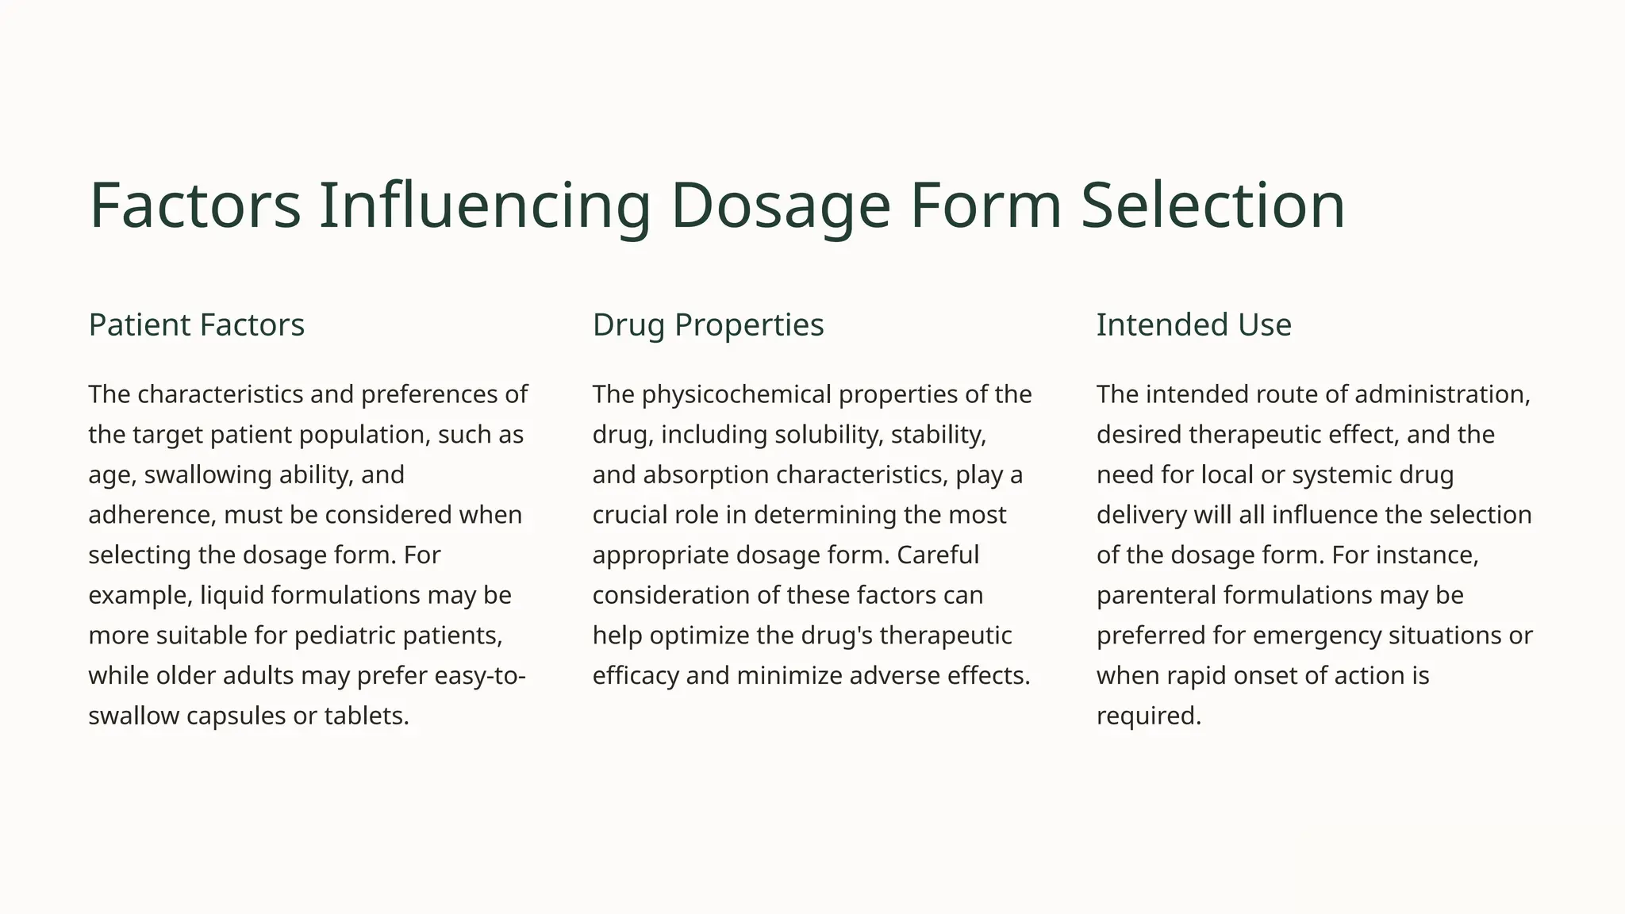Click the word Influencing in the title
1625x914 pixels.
point(484,205)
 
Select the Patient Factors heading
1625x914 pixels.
point(196,325)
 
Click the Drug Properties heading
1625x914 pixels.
point(708,325)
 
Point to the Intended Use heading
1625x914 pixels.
point(1193,325)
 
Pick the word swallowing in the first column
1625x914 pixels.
point(208,474)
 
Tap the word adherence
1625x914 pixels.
point(150,515)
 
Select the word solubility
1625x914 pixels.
point(828,435)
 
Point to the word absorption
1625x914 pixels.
point(705,474)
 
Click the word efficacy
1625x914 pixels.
point(635,676)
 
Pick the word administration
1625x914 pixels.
point(1442,394)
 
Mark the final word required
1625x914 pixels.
point(1148,716)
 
